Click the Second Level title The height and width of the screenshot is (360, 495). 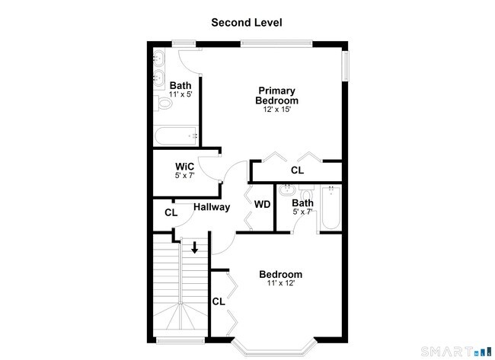pos(247,23)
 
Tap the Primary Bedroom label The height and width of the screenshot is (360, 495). pos(276,96)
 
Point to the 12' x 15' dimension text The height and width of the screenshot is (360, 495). pos(276,110)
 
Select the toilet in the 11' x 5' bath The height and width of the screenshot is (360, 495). pos(162,103)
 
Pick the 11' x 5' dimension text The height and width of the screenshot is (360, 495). pos(180,94)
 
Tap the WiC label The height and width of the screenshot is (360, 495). pos(185,166)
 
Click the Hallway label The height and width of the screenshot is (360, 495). pos(211,207)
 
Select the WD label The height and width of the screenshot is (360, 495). pos(262,204)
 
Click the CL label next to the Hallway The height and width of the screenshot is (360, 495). pos(171,212)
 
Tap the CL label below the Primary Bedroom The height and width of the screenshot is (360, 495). pos(297,170)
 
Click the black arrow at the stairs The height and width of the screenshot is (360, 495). pos(195,247)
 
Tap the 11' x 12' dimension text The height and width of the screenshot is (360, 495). pos(280,284)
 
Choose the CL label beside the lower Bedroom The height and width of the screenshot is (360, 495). pos(219,301)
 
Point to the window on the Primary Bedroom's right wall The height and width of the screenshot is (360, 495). pos(345,65)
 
